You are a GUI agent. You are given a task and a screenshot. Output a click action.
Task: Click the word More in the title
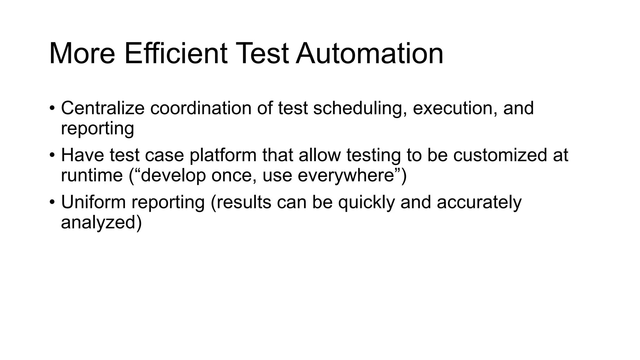(82, 53)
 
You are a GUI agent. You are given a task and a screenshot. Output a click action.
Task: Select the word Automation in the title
(369, 53)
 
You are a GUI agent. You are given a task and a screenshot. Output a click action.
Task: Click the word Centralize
(102, 108)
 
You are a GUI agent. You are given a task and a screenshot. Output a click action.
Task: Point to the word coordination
(201, 108)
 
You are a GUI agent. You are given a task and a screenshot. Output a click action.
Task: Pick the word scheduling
(360, 109)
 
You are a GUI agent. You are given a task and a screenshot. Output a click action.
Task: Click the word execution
(455, 108)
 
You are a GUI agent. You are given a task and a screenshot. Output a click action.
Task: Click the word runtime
(92, 175)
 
